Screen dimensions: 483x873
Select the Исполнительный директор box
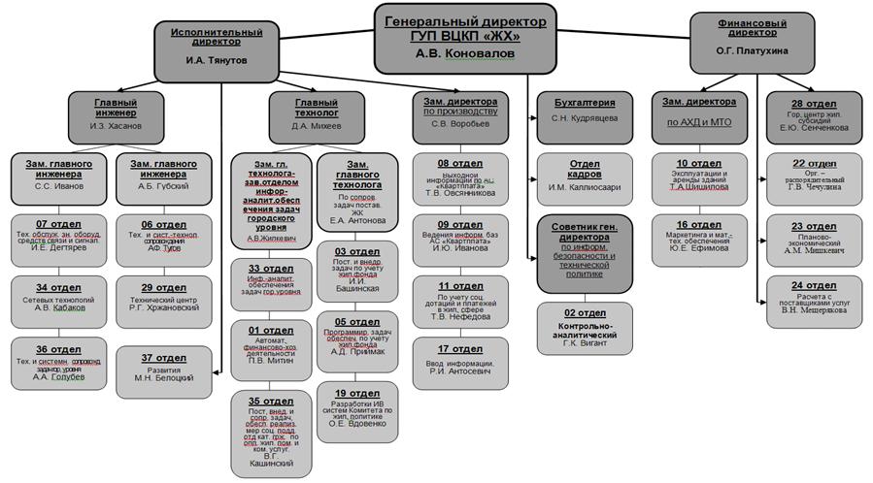pyautogui.click(x=216, y=46)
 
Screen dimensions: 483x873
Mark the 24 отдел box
pyautogui.click(x=814, y=297)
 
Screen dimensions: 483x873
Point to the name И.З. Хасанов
pyautogui.click(x=117, y=126)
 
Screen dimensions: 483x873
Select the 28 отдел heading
pyautogui.click(x=814, y=102)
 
